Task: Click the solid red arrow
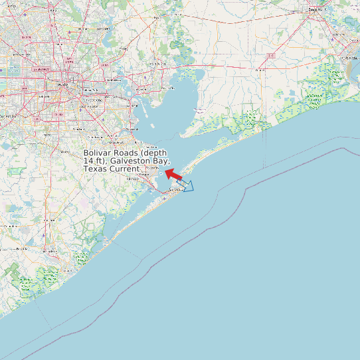173,174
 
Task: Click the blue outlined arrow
186,186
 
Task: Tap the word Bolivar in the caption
98,153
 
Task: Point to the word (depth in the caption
154,153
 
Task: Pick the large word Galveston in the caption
131,161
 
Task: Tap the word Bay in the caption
163,161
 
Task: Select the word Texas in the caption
95,169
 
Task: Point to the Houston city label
63,85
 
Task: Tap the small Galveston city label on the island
175,189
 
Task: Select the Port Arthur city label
349,58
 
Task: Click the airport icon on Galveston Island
164,198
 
